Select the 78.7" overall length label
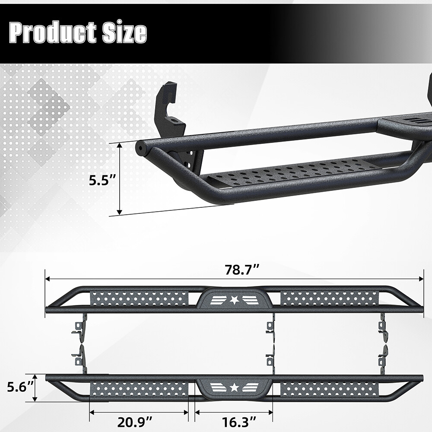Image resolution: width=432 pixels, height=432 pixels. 241,270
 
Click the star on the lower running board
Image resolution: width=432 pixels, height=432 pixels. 234,388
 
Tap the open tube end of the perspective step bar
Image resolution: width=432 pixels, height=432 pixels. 140,148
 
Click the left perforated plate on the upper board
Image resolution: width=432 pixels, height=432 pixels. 139,298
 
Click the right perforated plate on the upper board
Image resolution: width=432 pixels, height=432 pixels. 330,298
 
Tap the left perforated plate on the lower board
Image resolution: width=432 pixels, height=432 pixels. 139,389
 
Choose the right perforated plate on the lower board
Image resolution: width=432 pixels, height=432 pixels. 330,389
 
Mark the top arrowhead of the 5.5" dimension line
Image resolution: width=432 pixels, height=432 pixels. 120,146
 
